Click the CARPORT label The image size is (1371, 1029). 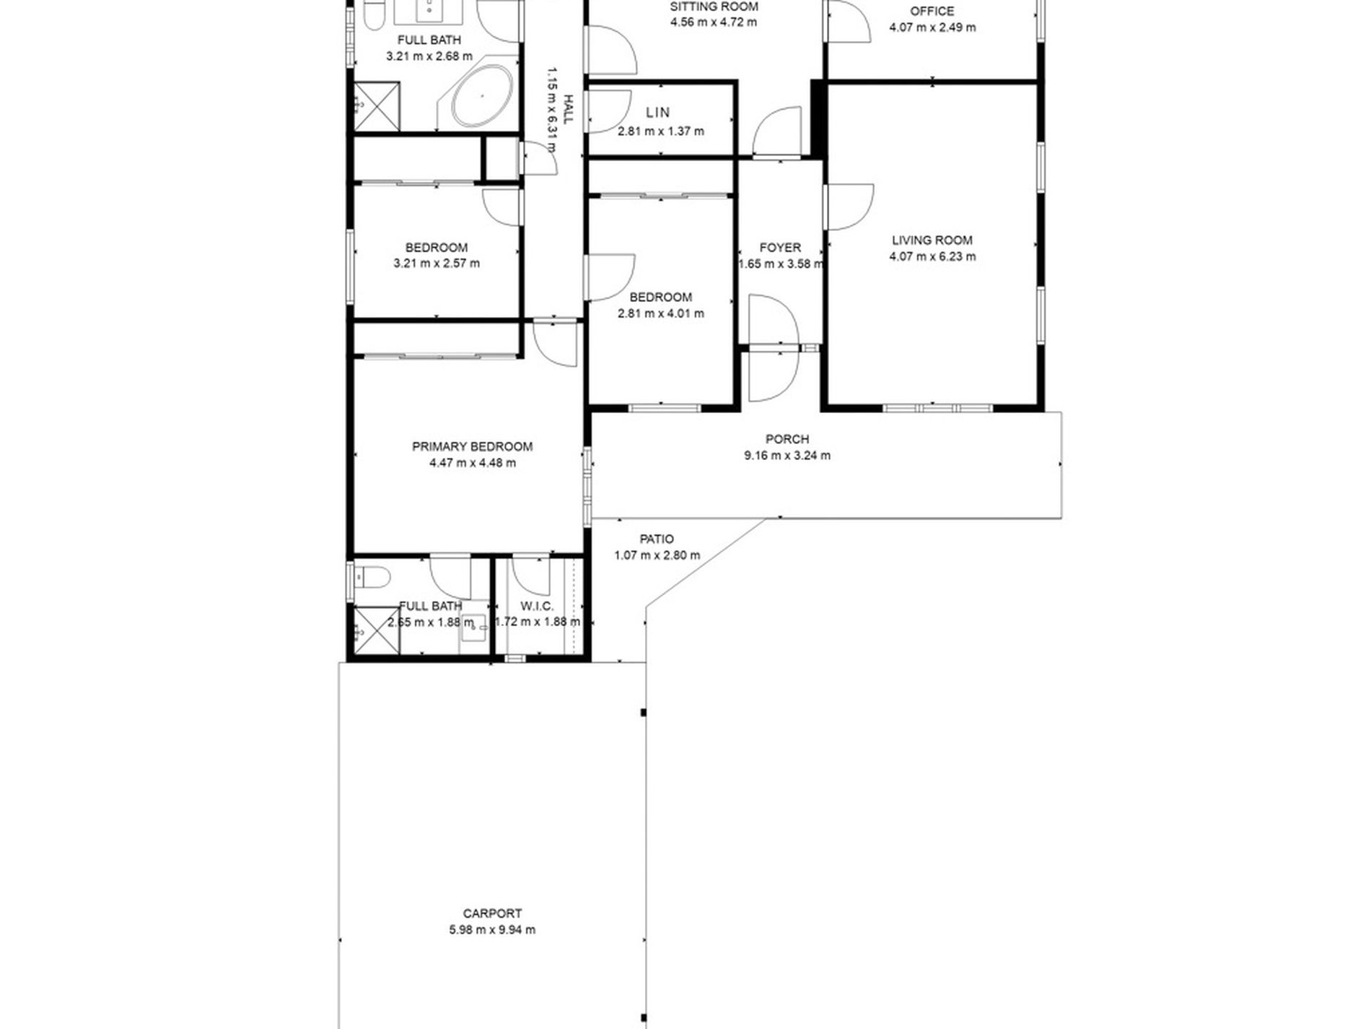pyautogui.click(x=492, y=913)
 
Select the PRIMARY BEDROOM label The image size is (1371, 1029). pyautogui.click(x=472, y=446)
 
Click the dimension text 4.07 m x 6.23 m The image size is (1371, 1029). pyautogui.click(x=932, y=256)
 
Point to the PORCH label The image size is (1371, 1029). pyautogui.click(x=787, y=439)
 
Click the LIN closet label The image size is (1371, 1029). pyautogui.click(x=657, y=113)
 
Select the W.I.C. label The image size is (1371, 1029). pyautogui.click(x=537, y=607)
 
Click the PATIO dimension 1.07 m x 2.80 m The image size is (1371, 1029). pyautogui.click(x=657, y=555)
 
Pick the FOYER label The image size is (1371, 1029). pyautogui.click(x=780, y=248)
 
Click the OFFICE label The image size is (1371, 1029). pyautogui.click(x=932, y=11)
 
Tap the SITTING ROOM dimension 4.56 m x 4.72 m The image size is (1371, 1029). pyautogui.click(x=713, y=22)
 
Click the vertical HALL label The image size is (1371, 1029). pyautogui.click(x=568, y=108)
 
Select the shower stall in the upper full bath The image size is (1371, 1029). pyautogui.click(x=376, y=106)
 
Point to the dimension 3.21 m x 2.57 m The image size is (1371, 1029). pyautogui.click(x=436, y=264)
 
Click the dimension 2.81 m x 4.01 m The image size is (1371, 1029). pyautogui.click(x=660, y=313)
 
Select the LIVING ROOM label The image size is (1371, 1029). pyautogui.click(x=932, y=240)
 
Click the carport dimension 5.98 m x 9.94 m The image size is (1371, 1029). pyautogui.click(x=492, y=930)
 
